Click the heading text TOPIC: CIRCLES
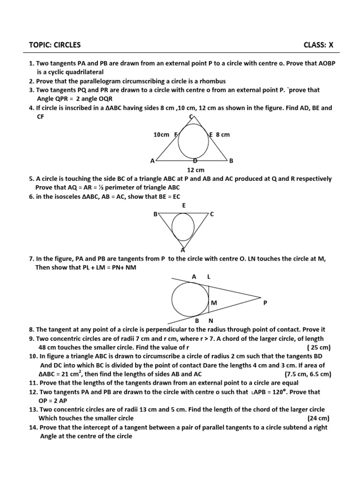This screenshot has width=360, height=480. [x=54, y=45]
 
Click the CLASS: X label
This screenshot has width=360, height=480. [x=318, y=45]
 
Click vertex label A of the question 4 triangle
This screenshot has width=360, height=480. [x=152, y=161]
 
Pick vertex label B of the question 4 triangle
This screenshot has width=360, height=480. [x=231, y=161]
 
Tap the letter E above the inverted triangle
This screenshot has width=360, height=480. [x=184, y=205]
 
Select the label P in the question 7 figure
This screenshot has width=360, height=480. [x=265, y=303]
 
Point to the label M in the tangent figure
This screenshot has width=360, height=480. [x=214, y=303]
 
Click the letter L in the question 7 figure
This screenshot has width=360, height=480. [x=209, y=277]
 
